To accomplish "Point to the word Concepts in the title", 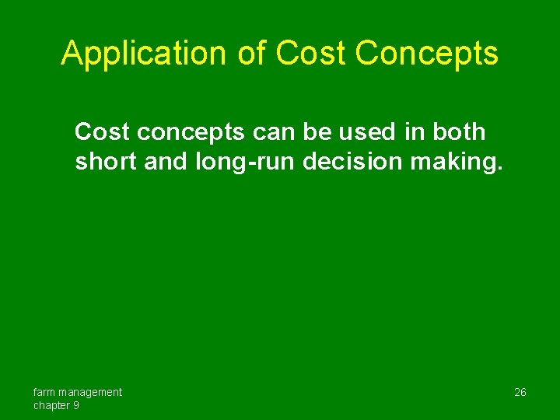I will tap(427, 54).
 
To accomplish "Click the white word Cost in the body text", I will tap(103, 132).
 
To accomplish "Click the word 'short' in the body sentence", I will tap(105, 161).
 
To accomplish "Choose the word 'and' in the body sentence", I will tap(165, 161).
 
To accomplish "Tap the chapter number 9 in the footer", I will tap(76, 406).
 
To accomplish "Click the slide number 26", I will tap(520, 392).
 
